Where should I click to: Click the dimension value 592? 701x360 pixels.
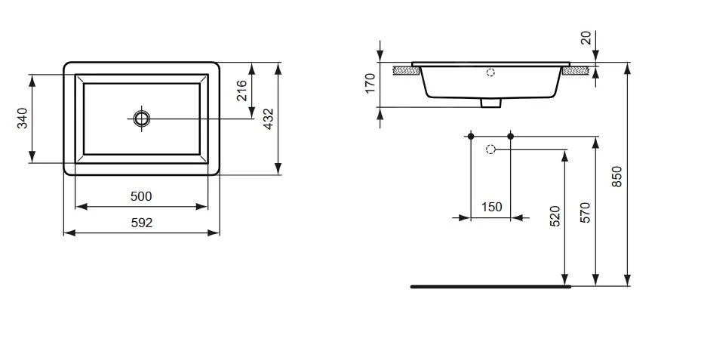141,223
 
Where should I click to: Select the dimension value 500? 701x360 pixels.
141,196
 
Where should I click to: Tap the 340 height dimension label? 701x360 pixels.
23,118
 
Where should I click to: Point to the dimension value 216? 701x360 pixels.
242,91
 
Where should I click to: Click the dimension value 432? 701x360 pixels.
268,119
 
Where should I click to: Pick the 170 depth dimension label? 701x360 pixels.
370,83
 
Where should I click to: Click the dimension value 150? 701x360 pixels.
490,208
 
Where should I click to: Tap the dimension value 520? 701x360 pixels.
555,217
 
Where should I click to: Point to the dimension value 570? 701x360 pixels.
586,212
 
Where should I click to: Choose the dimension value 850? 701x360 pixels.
616,176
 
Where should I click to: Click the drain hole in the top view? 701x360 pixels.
141,118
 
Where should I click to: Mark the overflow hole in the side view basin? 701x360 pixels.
491,72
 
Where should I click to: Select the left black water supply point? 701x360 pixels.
470,136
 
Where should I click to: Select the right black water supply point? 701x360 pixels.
511,136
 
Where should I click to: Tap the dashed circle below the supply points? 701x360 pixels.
490,149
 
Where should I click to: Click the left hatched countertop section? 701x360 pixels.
407,70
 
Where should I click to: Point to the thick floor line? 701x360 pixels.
490,287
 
